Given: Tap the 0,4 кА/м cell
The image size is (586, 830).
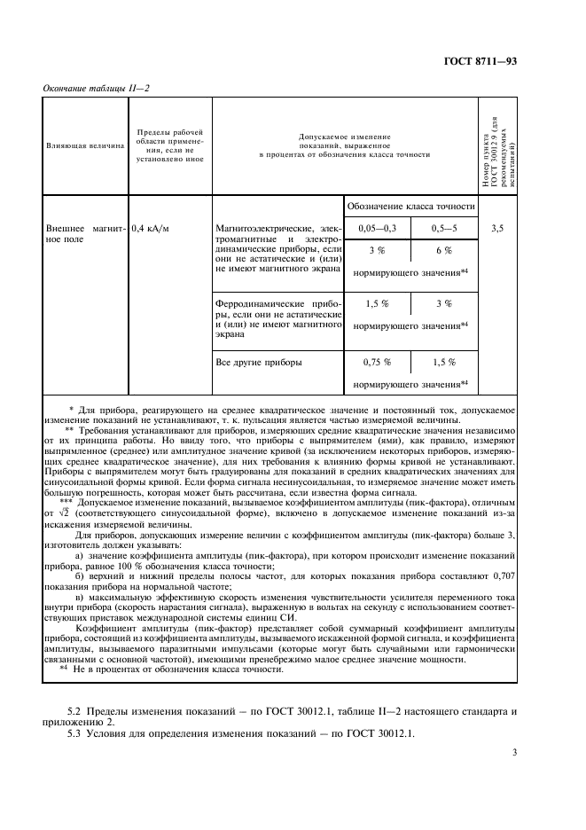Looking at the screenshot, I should pyautogui.click(x=150, y=228).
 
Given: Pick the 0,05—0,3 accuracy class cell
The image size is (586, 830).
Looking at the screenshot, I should pyautogui.click(x=377, y=228).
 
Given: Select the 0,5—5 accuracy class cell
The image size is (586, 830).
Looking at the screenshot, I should pyautogui.click(x=444, y=228).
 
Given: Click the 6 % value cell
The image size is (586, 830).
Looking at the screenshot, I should pyautogui.click(x=444, y=251).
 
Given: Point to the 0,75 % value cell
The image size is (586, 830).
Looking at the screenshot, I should pyautogui.click(x=377, y=363).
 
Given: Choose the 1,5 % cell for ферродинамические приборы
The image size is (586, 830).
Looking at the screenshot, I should pyautogui.click(x=377, y=304).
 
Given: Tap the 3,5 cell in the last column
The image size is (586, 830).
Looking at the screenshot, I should pyautogui.click(x=496, y=228).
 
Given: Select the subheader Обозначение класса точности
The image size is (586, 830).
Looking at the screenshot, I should pyautogui.click(x=410, y=206).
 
